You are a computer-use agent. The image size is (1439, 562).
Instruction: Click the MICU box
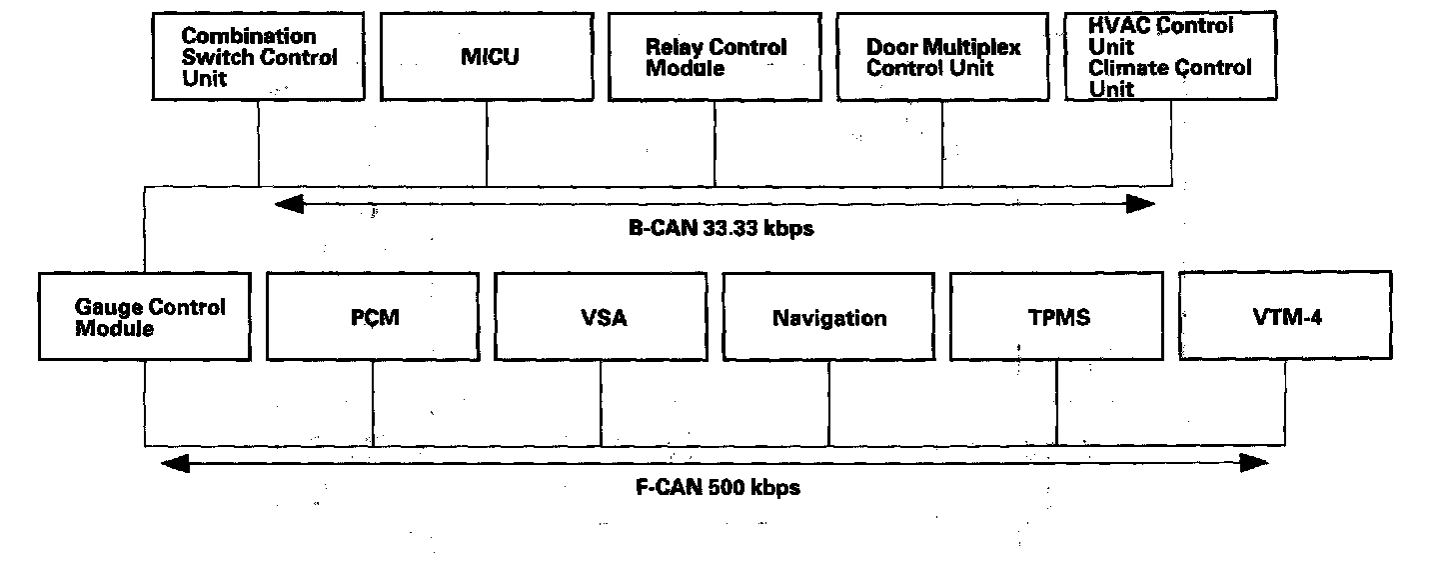pos(487,56)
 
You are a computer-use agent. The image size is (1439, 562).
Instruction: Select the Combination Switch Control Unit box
pos(258,56)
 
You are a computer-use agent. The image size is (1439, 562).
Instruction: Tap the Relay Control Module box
pos(715,56)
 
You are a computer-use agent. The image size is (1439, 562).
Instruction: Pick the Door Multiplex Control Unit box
pos(942,56)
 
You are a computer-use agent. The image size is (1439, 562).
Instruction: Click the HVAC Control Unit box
pos(1171,56)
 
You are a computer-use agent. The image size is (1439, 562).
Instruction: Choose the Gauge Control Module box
pos(144,316)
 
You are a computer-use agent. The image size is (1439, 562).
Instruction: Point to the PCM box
pos(373,316)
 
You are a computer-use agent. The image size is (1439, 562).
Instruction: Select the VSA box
pos(601,316)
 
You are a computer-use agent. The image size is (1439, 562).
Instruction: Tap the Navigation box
pos(828,316)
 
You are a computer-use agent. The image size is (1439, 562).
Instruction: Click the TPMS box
pos(1056,316)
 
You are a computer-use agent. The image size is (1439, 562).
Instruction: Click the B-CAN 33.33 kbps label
pos(721,228)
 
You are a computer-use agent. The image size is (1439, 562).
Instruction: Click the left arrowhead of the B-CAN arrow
pos(287,205)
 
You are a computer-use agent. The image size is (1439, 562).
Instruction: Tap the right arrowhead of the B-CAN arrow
pos(1142,205)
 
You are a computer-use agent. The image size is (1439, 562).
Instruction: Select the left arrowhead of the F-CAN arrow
pos(174,463)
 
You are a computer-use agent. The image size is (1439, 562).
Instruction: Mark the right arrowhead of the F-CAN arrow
pos(1255,463)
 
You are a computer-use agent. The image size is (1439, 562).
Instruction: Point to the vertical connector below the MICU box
pos(487,143)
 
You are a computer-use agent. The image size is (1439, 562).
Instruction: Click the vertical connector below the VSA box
pos(601,403)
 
